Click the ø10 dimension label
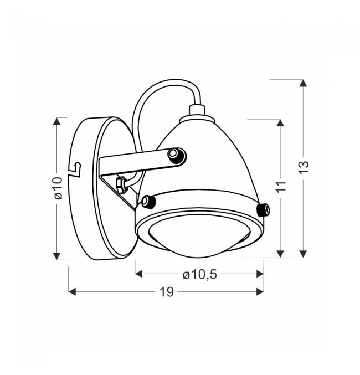pos(58,188)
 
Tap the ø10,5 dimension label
pos(200,275)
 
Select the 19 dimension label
pos(167,292)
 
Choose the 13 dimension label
pos(304,168)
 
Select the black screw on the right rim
pos(263,210)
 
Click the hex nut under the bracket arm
pos(121,184)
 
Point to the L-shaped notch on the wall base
pos(75,169)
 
